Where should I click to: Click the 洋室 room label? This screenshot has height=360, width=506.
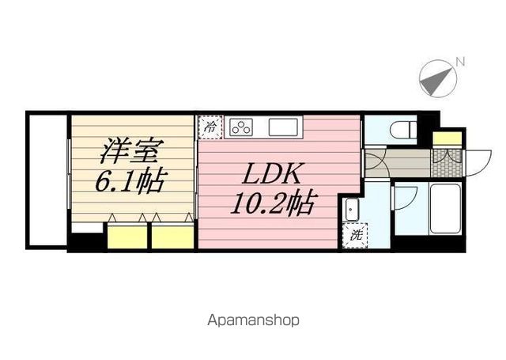point(129,151)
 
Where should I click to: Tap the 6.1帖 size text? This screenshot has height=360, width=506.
point(131,180)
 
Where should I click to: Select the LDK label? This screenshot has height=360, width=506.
point(274,174)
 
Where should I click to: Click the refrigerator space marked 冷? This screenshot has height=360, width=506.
point(210,127)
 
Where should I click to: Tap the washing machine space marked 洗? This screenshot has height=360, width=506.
point(355,235)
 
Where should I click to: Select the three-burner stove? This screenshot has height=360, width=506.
point(241,127)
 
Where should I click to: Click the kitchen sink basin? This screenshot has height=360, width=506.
point(283,127)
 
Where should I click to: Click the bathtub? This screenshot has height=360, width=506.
point(446,209)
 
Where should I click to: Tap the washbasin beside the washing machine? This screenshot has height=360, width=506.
point(351,209)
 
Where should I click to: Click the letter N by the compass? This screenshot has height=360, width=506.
point(460,62)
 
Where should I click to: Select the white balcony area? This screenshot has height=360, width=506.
point(47,180)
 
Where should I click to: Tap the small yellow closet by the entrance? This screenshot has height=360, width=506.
point(447,138)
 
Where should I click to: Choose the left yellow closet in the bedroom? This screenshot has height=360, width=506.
point(127,237)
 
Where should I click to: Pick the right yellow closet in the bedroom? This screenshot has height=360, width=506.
point(172,237)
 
